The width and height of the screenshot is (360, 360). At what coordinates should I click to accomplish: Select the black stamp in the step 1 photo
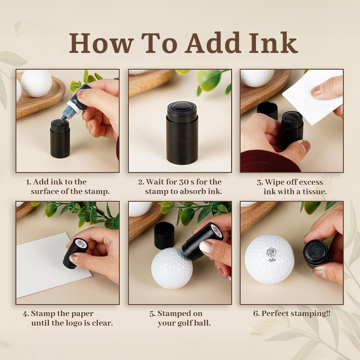pos(60,139)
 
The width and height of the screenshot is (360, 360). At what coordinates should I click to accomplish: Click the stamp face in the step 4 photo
pos(81,243)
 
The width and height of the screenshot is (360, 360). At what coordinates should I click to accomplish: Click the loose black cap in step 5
pos(164,235)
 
